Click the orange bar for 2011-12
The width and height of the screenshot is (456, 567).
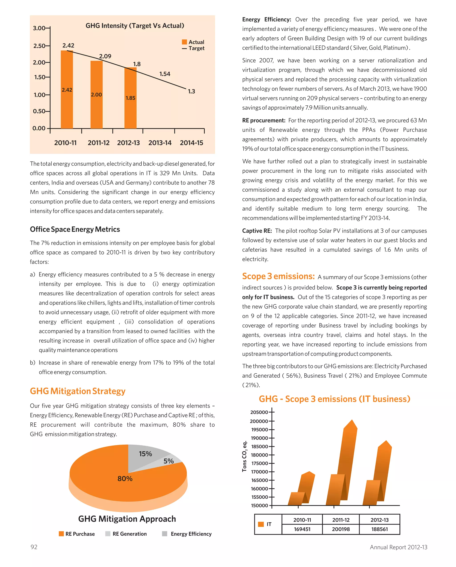[x=96, y=95]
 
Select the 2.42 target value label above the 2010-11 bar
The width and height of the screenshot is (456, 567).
[x=68, y=45]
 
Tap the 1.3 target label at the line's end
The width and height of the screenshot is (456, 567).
[x=191, y=91]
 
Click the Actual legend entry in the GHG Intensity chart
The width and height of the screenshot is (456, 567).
[x=193, y=42]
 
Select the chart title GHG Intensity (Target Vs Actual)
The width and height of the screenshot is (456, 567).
[x=135, y=26]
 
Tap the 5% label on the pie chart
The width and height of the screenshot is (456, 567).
[x=169, y=461]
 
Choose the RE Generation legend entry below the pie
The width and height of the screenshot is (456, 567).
[x=126, y=534]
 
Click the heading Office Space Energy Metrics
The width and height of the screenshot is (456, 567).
[x=75, y=229]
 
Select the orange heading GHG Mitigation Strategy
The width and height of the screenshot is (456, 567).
[x=77, y=391]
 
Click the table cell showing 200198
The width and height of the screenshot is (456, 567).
[x=341, y=529]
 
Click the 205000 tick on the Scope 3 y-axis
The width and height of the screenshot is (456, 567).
[x=259, y=412]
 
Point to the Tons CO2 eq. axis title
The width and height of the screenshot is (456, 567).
[x=244, y=456]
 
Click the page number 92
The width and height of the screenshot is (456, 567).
[x=34, y=547]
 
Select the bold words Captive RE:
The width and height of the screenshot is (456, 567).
[x=257, y=231]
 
